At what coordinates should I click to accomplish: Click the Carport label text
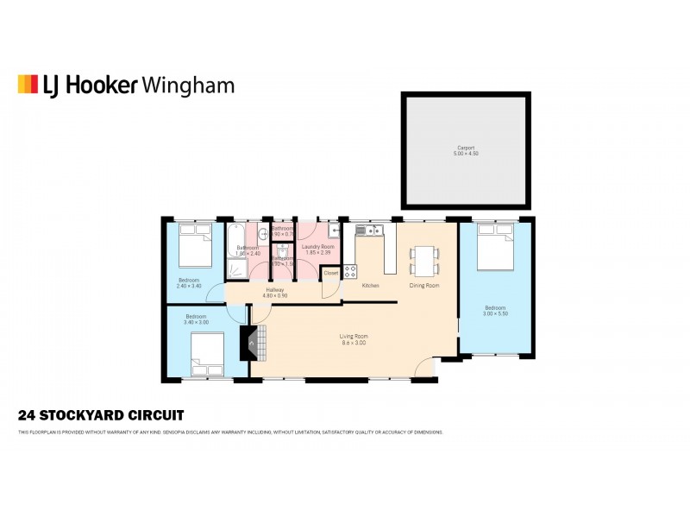(x=466, y=148)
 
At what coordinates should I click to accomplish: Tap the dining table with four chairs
(x=424, y=258)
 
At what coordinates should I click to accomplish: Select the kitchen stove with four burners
(x=351, y=270)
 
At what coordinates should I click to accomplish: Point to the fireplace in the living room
(x=250, y=344)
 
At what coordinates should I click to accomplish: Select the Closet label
(x=331, y=273)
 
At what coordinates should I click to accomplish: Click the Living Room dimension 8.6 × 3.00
(x=354, y=343)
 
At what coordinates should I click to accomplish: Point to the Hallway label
(x=275, y=290)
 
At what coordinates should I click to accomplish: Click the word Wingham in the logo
(x=187, y=85)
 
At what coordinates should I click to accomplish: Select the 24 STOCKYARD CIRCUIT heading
(x=101, y=414)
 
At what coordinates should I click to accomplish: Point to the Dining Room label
(x=424, y=285)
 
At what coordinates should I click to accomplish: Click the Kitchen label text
(x=370, y=285)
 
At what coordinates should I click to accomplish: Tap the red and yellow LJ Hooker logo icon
(x=28, y=84)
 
